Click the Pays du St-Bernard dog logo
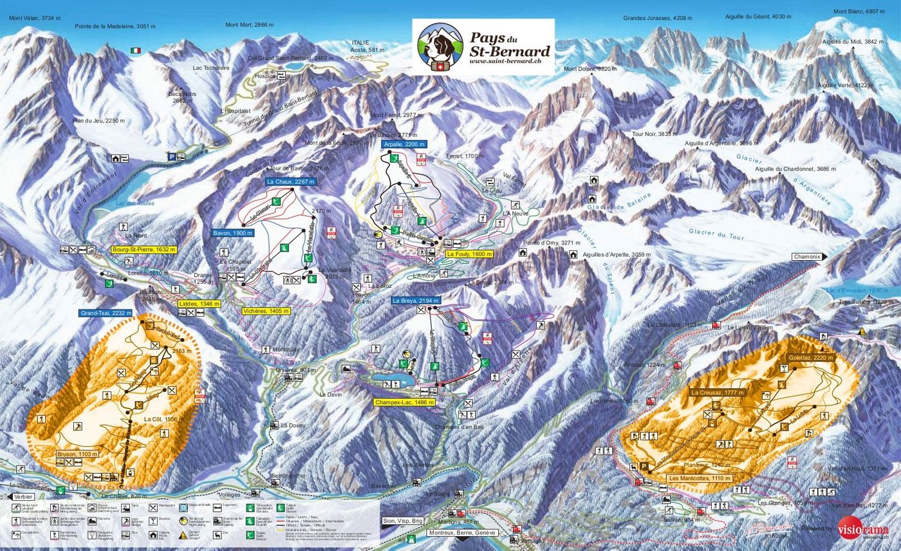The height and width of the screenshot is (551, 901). [x=440, y=47]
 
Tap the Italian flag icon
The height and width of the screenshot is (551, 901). [x=135, y=50]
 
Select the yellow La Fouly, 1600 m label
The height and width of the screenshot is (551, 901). [x=469, y=254]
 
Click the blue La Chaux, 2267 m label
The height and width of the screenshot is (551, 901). [x=291, y=182]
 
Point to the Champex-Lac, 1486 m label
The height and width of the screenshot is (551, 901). [x=405, y=402]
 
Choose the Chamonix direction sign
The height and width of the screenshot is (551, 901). [x=808, y=256]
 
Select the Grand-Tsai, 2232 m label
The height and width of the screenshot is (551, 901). [x=106, y=313]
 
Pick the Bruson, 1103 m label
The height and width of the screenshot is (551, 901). [x=78, y=454]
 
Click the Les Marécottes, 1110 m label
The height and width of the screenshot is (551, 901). [x=699, y=478]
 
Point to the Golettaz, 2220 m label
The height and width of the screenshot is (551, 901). [x=810, y=358]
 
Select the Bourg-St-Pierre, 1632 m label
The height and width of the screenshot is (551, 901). [x=143, y=249]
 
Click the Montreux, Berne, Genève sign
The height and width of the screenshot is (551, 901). [x=461, y=533]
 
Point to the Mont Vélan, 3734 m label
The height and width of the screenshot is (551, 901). [x=35, y=18]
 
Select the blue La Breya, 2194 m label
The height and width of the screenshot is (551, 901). [x=415, y=301]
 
